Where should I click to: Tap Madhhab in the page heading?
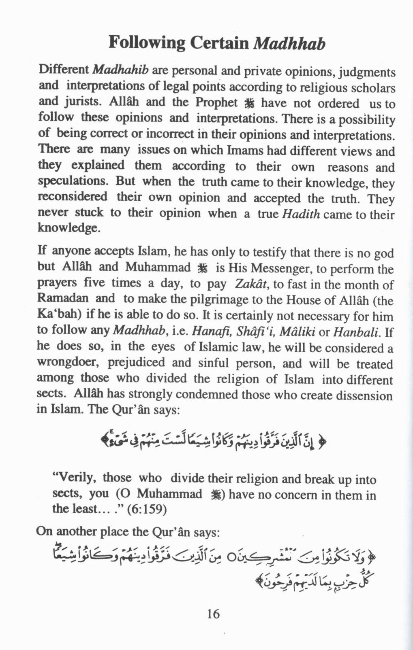(289, 43)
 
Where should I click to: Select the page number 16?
(213, 614)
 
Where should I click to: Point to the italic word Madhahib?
(121, 70)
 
